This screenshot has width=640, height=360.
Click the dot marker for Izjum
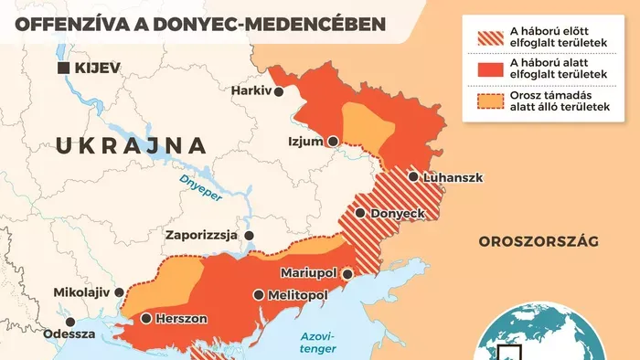[x=334, y=142]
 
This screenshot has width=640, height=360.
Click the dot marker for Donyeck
[x=361, y=213]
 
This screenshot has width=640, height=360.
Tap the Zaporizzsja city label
[x=201, y=235]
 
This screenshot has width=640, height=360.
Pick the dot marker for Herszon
[x=145, y=319]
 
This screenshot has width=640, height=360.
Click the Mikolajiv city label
[x=80, y=292]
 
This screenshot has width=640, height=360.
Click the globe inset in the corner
[x=545, y=333]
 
